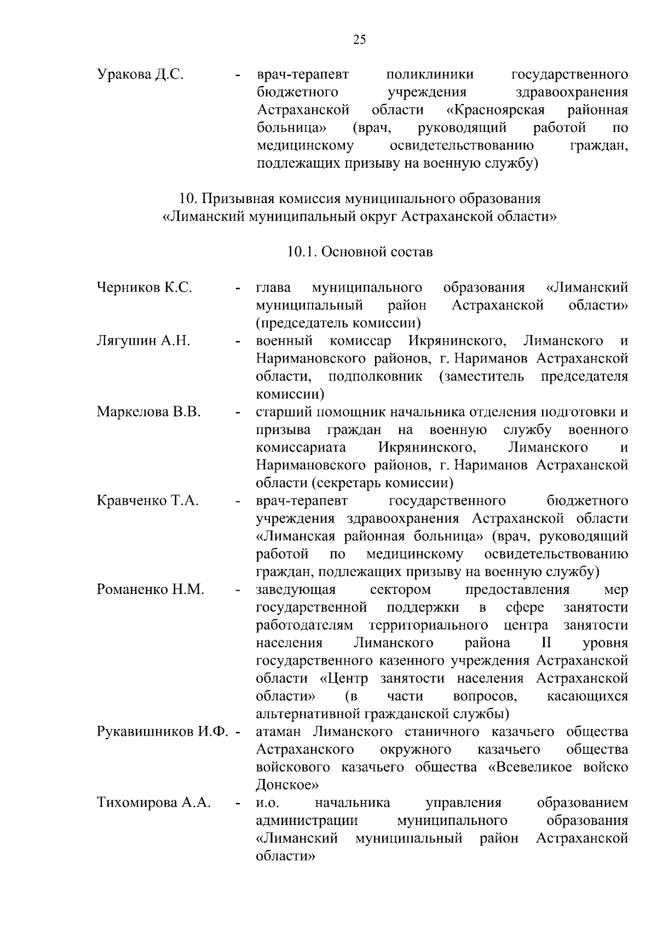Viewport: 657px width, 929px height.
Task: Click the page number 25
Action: tap(360, 39)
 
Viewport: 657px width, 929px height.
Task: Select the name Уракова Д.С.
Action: tap(140, 74)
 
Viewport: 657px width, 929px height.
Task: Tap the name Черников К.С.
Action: tap(144, 287)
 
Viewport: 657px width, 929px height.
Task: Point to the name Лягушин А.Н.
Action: tap(143, 341)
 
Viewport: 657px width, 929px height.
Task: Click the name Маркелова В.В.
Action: tap(149, 412)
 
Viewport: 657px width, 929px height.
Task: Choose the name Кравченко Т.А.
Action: tap(147, 500)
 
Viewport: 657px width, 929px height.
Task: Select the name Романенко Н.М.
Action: tap(151, 590)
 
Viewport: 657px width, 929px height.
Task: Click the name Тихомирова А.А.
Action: tap(154, 803)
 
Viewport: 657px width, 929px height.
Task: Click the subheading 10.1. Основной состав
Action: tap(360, 252)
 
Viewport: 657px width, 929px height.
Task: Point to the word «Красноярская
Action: tap(495, 110)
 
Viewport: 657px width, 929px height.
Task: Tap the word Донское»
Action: tap(287, 785)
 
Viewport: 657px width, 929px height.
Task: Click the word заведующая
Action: tap(296, 590)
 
